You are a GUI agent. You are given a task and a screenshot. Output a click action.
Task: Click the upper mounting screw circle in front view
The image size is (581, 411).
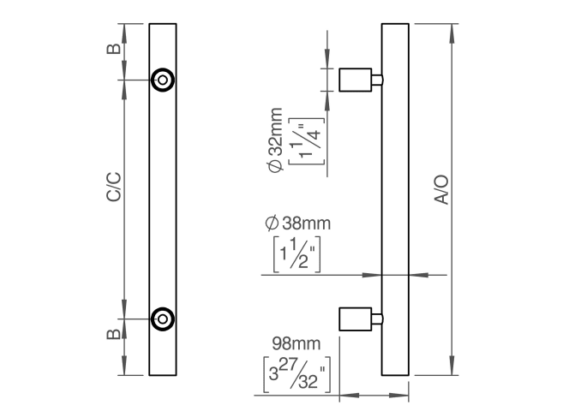pos(162,80)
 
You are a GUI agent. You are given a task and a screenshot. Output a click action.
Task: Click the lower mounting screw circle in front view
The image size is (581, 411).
pos(162,319)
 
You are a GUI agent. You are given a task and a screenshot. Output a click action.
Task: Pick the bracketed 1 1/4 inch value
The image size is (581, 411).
pos(303,140)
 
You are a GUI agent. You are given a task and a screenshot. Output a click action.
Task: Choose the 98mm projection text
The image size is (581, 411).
pos(296,343)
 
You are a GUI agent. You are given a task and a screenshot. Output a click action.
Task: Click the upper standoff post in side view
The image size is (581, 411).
pos(360,80)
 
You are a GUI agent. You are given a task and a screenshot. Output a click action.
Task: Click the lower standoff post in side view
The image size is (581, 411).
pos(360,319)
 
